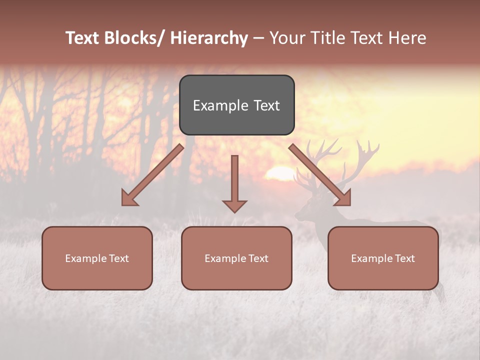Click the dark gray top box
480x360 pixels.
(x=236, y=105)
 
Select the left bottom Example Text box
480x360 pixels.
(x=97, y=258)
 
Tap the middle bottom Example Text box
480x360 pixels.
(x=236, y=258)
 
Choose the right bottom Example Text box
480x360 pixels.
(x=383, y=258)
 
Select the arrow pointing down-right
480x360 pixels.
(x=320, y=175)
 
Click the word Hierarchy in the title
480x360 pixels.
(x=209, y=38)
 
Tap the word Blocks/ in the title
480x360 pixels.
(x=134, y=38)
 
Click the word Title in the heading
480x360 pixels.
(x=327, y=38)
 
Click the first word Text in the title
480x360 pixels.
(x=82, y=38)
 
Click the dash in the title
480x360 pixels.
(x=258, y=38)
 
